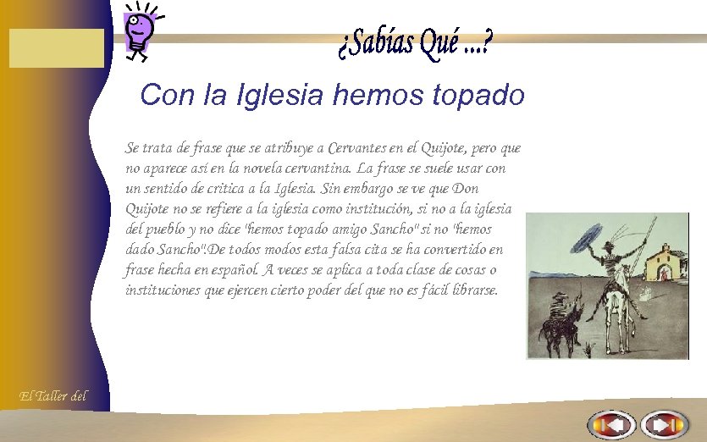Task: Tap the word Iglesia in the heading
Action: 283,94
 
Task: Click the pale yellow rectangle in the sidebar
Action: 56,47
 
